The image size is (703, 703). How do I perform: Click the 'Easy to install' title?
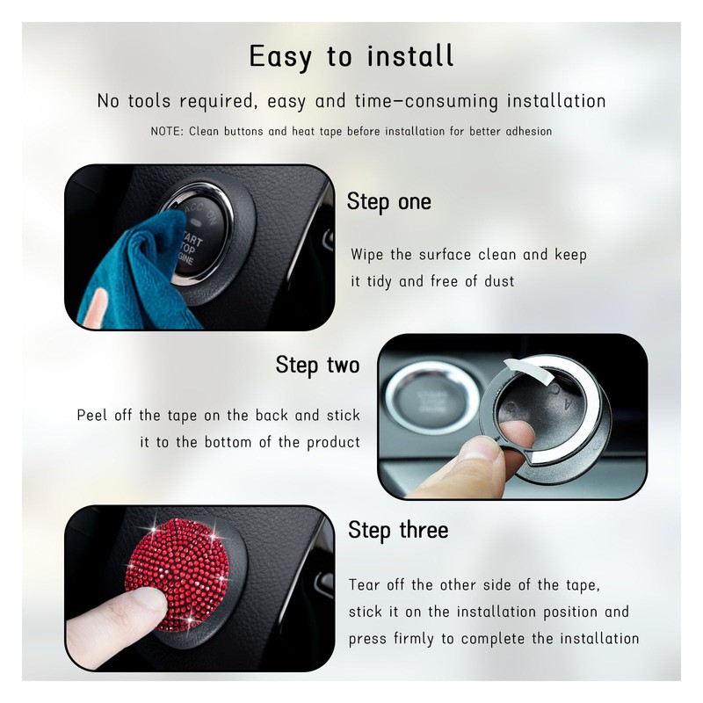point(351,57)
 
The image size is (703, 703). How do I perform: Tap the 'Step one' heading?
point(388,202)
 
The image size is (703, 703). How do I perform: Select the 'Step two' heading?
point(317,365)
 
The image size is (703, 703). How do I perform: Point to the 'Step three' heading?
point(398,530)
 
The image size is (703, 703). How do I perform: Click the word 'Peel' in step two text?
point(94,415)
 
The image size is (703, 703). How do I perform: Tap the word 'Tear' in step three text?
point(367,584)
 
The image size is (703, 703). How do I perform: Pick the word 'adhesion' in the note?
point(525,132)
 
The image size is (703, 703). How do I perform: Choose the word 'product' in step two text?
point(334,442)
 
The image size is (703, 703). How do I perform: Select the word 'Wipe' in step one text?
point(368,255)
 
